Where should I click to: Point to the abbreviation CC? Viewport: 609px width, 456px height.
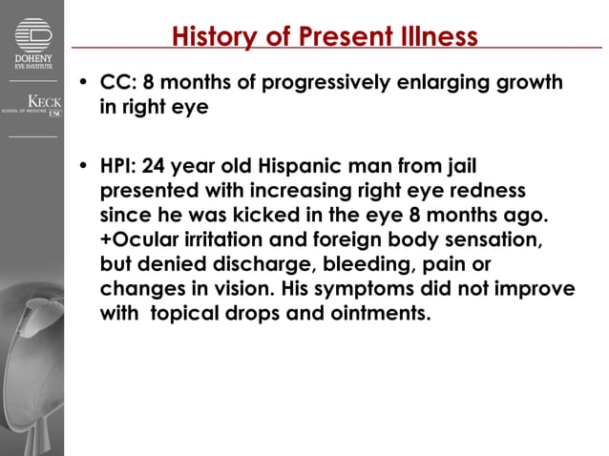tap(119, 82)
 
